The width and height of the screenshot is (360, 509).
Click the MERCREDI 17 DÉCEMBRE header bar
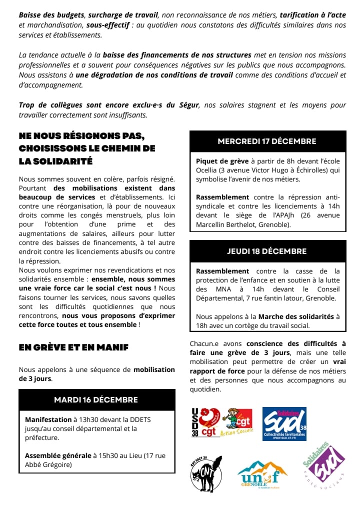click(267, 141)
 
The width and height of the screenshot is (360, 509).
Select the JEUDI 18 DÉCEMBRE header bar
click(267, 251)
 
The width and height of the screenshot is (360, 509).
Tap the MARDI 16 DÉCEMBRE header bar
click(96, 400)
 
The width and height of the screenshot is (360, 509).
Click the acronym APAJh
click(285, 215)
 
